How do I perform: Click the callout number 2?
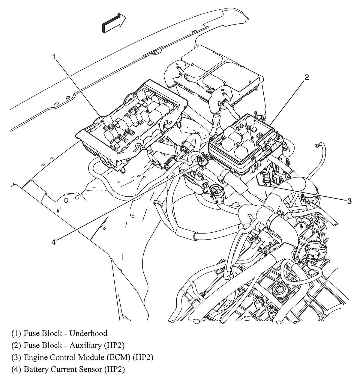click(x=306, y=77)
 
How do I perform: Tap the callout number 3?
click(x=349, y=201)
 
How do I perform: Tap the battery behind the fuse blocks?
click(x=222, y=72)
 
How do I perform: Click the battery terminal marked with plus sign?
click(x=223, y=90)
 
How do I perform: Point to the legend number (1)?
click(x=16, y=333)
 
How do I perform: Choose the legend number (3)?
click(x=16, y=357)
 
